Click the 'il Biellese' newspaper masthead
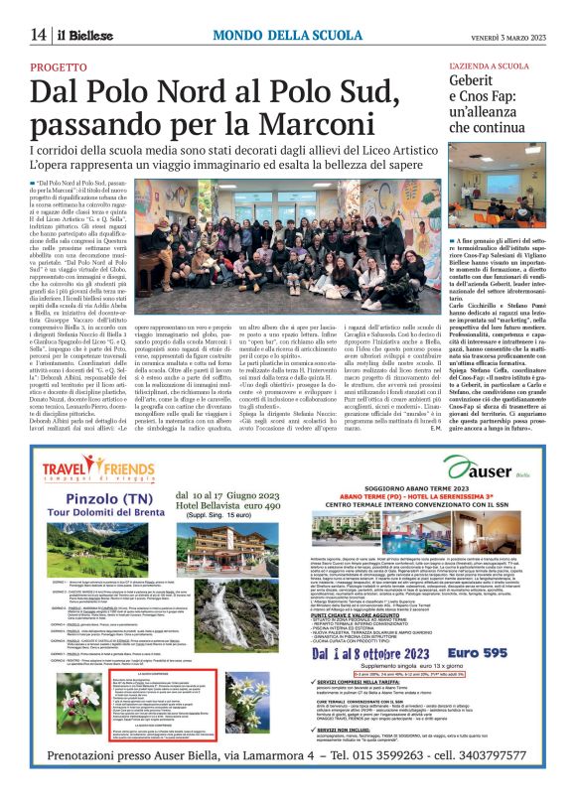[x=82, y=35]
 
